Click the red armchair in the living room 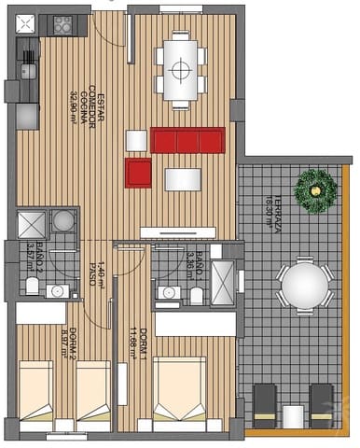point(138,171)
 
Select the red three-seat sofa point(189,141)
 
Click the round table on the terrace point(303,285)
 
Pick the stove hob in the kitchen point(63,25)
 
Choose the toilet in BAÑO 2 point(31,286)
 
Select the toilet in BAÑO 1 point(196,295)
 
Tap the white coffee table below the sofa point(182,178)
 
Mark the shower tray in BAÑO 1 point(226,285)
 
